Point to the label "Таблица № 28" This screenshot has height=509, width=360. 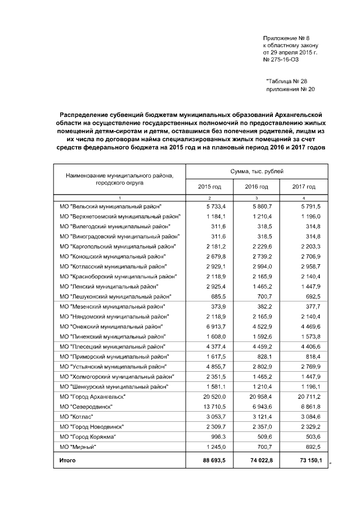click(286, 82)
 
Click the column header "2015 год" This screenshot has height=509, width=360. click(209, 187)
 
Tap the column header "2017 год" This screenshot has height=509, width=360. click(304, 187)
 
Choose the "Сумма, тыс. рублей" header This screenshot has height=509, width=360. click(256, 170)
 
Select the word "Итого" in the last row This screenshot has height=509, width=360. click(67, 461)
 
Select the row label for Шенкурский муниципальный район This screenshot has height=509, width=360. click(115, 386)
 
